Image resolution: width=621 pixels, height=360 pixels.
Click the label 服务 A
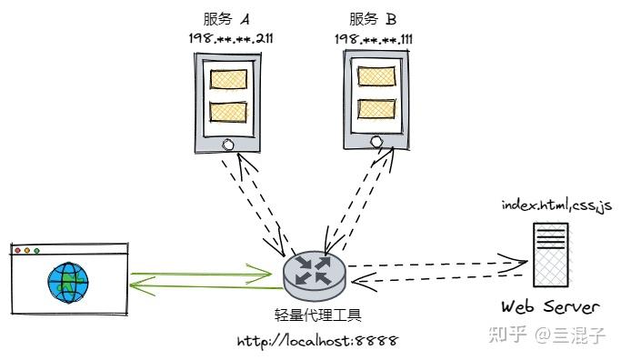(226, 19)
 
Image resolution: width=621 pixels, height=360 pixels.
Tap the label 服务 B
(373, 19)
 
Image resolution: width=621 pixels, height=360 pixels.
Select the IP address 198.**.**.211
(231, 38)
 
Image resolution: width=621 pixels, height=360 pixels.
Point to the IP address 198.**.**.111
(374, 39)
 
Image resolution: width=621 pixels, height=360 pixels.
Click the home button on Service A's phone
(228, 145)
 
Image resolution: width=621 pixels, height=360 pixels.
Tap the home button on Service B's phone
(376, 141)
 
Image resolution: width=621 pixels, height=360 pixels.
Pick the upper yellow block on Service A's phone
(228, 79)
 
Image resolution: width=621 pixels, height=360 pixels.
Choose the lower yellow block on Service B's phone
(376, 109)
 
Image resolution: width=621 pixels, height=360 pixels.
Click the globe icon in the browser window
(68, 282)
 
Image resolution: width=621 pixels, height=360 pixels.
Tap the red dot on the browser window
(17, 250)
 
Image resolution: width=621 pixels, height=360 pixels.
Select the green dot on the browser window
(37, 251)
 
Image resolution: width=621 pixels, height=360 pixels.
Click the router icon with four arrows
(315, 275)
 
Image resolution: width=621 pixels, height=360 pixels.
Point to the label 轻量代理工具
(318, 315)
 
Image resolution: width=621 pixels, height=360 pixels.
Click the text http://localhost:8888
(317, 341)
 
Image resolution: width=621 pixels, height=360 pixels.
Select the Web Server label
(550, 306)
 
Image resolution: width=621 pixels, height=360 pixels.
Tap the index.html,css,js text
(556, 206)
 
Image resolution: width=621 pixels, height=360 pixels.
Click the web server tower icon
(551, 255)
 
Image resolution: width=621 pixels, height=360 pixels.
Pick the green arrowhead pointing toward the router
(261, 274)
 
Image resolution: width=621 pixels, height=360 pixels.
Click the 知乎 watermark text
(508, 335)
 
